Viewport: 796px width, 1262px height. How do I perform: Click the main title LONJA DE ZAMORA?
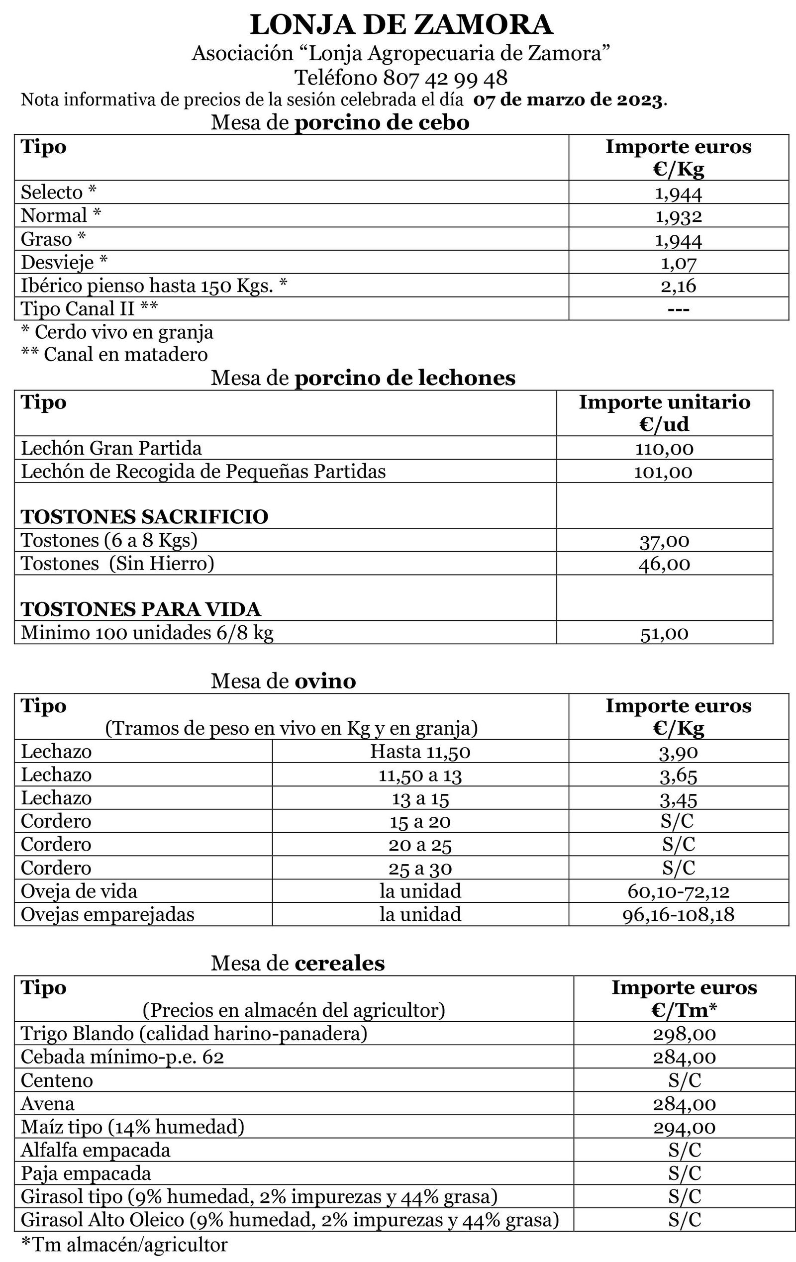tap(401, 25)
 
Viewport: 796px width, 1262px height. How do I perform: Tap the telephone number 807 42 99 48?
tap(445, 78)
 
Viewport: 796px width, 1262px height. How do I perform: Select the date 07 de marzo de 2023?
tap(569, 99)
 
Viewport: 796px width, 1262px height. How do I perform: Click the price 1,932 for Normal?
tap(678, 216)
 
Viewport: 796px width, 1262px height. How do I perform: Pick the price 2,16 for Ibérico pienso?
tap(678, 286)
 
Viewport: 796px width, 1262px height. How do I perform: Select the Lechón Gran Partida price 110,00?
tap(664, 448)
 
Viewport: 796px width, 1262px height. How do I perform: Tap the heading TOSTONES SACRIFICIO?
tap(145, 517)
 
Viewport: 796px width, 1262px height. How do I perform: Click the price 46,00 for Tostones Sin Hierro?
tap(664, 564)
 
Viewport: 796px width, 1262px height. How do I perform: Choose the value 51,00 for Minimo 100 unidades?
tap(664, 634)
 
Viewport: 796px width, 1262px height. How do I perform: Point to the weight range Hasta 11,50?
tap(420, 752)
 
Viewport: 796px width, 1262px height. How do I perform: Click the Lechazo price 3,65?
tap(678, 775)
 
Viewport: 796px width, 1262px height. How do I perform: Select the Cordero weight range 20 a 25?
tap(420, 845)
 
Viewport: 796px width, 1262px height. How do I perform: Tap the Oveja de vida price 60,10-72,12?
tap(678, 891)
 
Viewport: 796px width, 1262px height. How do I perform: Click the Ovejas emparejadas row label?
tap(107, 914)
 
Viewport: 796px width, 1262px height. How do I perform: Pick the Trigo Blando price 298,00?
tap(684, 1034)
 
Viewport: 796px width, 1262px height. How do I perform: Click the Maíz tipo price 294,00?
tap(684, 1127)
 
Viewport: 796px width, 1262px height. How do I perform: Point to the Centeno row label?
tap(57, 1080)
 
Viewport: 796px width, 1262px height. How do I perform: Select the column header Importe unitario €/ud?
tap(664, 413)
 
